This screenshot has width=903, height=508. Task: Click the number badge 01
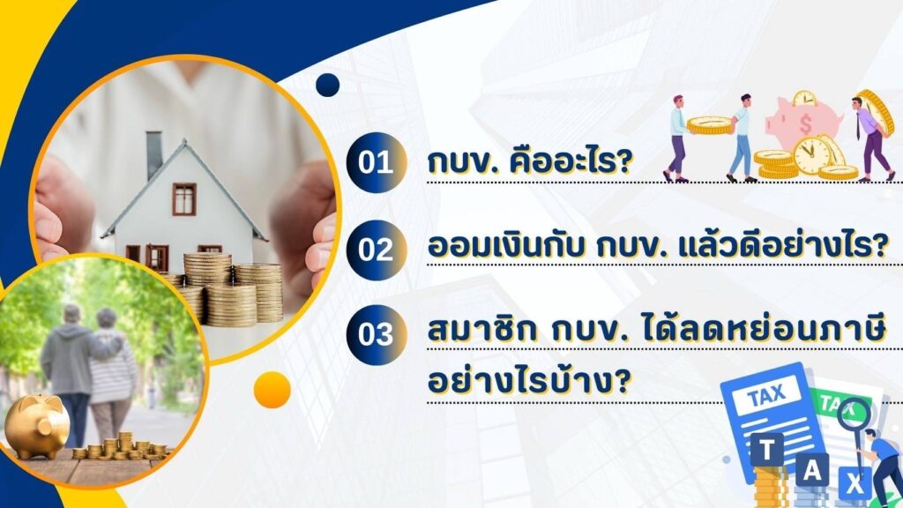coord(377,162)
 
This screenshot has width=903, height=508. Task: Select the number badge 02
coord(377,250)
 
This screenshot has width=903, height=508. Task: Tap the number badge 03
coord(377,334)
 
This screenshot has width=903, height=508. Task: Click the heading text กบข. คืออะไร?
coord(529,162)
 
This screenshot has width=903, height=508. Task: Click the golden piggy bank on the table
coord(35,425)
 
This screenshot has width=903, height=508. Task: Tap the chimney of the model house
coord(154,153)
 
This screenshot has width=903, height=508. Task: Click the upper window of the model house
coord(183,198)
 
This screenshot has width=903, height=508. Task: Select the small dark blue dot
coord(328,85)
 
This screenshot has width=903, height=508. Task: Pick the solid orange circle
coord(272,390)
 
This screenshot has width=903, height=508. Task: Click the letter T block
coord(766,450)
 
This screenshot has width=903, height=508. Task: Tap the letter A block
coord(811,470)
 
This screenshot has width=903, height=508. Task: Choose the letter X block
coord(854,484)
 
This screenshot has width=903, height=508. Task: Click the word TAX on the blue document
coord(766,396)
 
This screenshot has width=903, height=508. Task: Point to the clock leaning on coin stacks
coord(812,155)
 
